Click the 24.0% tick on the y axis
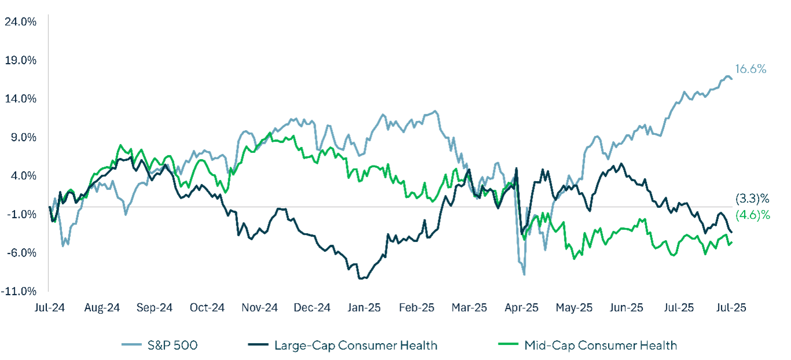point(21,21)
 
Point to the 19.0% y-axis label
point(21,60)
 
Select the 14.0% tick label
point(21,98)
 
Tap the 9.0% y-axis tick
point(23,137)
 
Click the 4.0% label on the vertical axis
point(23,175)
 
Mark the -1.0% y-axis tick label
point(22,214)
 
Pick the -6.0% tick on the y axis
point(22,252)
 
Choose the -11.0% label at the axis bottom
point(21,291)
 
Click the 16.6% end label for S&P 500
point(751,69)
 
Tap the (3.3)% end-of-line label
point(752,199)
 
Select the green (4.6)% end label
point(752,215)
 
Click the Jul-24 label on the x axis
point(49,308)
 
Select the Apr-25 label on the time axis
point(522,308)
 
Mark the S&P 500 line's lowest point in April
point(525,274)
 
